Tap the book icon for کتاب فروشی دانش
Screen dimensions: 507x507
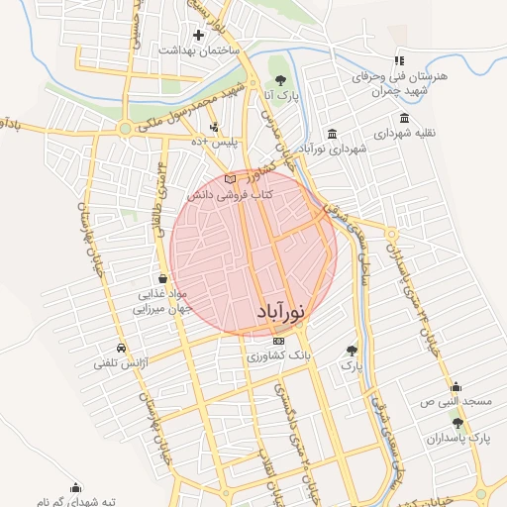[231, 179]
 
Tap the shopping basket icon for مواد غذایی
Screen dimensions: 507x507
[161, 279]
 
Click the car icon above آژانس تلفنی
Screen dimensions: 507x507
[121, 349]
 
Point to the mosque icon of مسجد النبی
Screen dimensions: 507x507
[456, 387]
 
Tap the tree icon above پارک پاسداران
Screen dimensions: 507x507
[456, 423]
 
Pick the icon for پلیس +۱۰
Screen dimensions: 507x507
[215, 127]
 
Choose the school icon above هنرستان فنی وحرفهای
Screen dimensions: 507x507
[400, 60]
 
